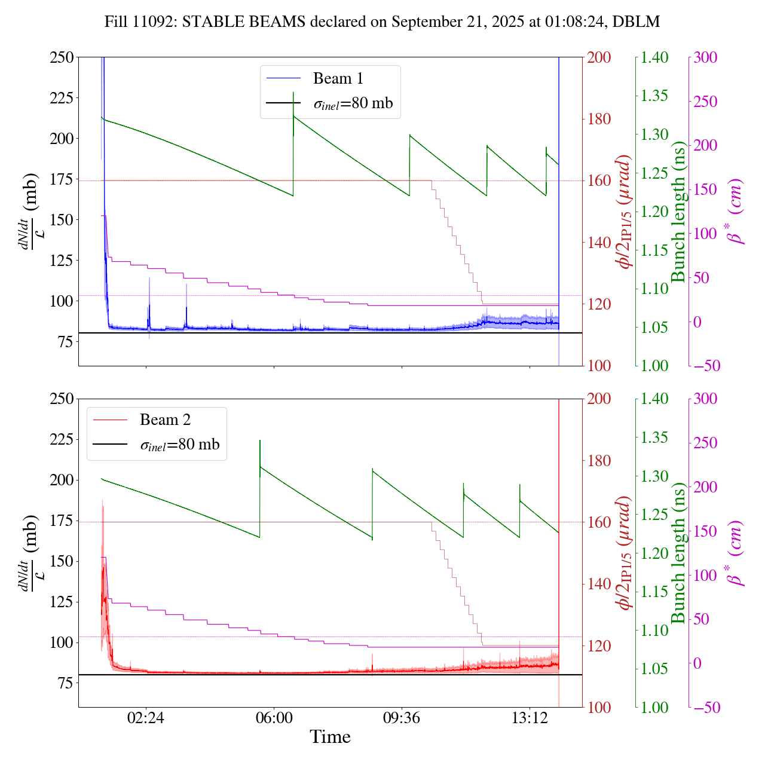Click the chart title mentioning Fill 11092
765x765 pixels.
[x=382, y=22]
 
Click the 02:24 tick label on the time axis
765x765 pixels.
[x=146, y=718]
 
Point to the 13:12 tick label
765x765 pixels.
[x=530, y=718]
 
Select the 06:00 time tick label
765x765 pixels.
[x=274, y=718]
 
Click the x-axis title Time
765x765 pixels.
[x=330, y=737]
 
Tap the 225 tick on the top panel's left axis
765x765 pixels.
[x=62, y=98]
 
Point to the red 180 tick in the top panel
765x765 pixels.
[x=599, y=119]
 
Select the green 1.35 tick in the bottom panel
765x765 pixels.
[x=656, y=437]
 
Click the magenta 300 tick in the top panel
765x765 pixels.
[x=705, y=57]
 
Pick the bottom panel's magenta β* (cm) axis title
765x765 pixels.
[x=735, y=553]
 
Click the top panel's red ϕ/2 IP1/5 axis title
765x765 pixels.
[x=625, y=212]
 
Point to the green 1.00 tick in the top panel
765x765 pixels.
[x=656, y=366]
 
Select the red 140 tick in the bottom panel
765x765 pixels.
[x=599, y=584]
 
